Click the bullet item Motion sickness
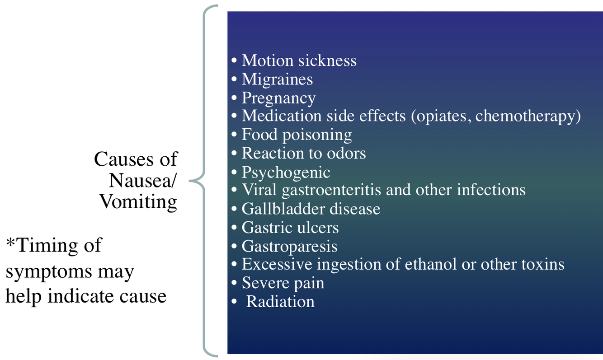click(299, 61)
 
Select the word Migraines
click(277, 79)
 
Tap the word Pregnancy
click(278, 98)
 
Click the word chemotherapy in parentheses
click(525, 116)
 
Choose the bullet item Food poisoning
click(297, 135)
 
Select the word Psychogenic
click(286, 172)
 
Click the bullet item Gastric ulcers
click(290, 227)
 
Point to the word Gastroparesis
click(289, 246)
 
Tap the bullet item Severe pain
click(283, 283)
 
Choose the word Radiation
click(280, 301)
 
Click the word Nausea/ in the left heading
click(143, 180)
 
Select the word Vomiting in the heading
click(138, 201)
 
